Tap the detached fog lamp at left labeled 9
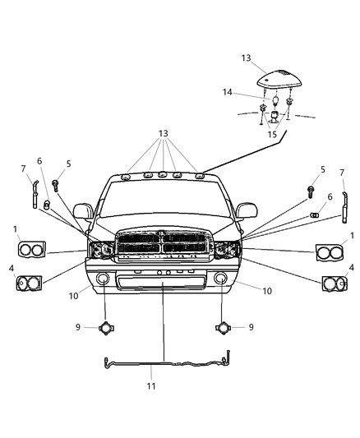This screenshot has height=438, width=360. point(105,328)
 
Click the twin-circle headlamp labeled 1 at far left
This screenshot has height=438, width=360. point(31,249)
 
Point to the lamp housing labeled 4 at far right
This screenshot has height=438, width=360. point(333,284)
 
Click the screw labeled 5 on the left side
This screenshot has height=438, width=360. point(55,185)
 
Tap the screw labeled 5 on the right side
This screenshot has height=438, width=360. point(312,191)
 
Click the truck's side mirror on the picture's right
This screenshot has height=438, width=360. point(245,211)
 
